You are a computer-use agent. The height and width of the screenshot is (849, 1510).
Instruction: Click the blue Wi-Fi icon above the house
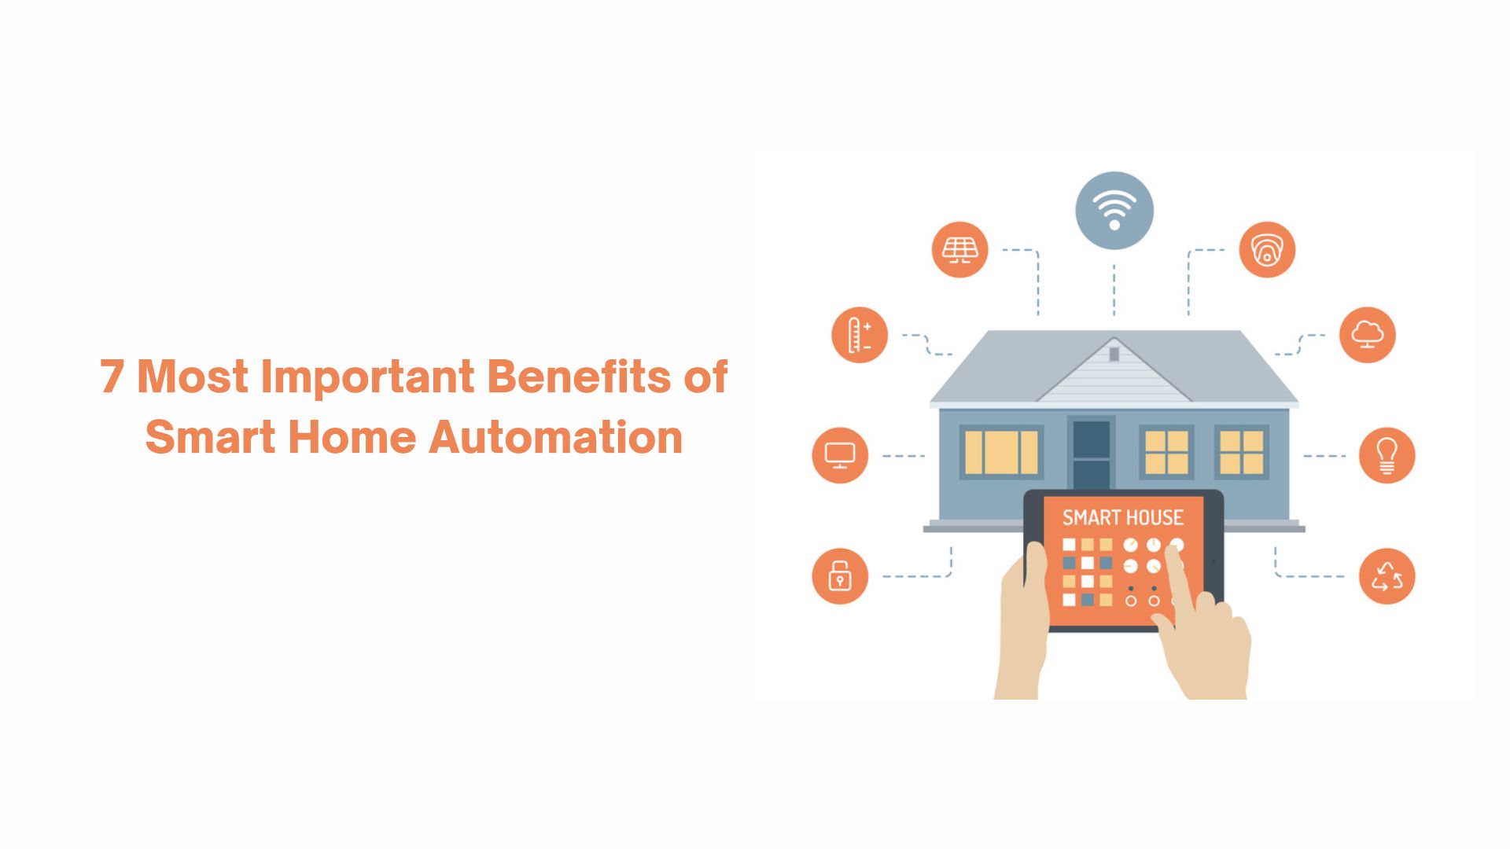(x=1114, y=211)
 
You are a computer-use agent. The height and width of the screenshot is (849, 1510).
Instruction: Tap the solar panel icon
(x=959, y=250)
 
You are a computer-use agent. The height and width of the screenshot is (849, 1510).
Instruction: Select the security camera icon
(x=1267, y=250)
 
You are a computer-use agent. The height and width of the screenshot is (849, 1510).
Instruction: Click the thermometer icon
(x=860, y=335)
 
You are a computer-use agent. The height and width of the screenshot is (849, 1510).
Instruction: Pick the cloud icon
(x=1368, y=335)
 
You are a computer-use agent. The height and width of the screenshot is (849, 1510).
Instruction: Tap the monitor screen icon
(x=840, y=455)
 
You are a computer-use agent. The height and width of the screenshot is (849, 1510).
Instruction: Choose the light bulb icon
(x=1387, y=455)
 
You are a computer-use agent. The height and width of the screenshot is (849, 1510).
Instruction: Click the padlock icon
(x=840, y=576)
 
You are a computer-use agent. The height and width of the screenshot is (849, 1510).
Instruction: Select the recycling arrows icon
(x=1387, y=576)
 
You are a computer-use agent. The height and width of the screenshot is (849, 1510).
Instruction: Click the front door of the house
(x=1091, y=454)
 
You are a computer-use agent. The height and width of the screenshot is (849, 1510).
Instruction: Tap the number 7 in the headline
(x=112, y=377)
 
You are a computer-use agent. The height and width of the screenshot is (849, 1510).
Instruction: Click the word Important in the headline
(x=367, y=377)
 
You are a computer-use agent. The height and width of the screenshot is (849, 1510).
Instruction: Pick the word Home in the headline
(x=352, y=437)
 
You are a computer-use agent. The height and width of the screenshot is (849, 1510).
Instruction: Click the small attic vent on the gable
(x=1114, y=354)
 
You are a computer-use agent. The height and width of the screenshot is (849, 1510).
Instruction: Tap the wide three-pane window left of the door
(x=1001, y=452)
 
